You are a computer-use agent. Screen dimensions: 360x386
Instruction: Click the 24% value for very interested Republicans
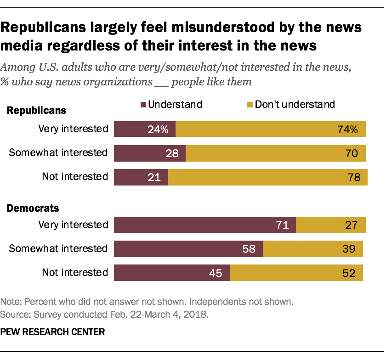[x=159, y=129]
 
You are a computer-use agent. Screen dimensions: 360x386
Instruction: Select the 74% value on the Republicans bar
[x=348, y=129]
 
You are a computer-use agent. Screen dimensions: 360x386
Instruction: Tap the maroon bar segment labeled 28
[x=150, y=153]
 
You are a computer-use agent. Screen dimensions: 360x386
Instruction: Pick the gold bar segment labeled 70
[x=276, y=153]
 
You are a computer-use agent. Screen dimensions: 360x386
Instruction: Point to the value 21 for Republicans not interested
[x=154, y=177]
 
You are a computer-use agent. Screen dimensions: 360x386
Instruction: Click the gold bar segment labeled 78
[x=268, y=177]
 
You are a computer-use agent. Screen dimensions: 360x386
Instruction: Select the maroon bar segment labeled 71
[x=205, y=225]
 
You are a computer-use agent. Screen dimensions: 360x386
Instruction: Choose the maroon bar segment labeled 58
[x=188, y=249]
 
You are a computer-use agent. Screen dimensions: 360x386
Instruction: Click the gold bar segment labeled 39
[x=313, y=249]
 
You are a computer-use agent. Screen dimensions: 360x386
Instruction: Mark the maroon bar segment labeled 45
[x=172, y=273]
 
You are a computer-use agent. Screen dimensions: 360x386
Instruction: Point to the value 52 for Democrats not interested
[x=348, y=273]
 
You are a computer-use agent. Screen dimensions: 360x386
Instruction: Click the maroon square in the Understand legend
[x=143, y=105]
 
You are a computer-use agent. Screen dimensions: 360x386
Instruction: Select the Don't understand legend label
[x=295, y=104]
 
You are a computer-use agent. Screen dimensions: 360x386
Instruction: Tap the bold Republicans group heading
[x=36, y=111]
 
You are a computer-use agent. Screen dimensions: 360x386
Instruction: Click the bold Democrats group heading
[x=33, y=208]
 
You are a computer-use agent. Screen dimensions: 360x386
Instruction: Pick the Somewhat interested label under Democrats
[x=58, y=248]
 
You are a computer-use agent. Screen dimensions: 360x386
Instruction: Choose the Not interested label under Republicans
[x=75, y=176]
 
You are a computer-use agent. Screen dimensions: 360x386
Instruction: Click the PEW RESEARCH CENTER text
[x=52, y=331]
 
